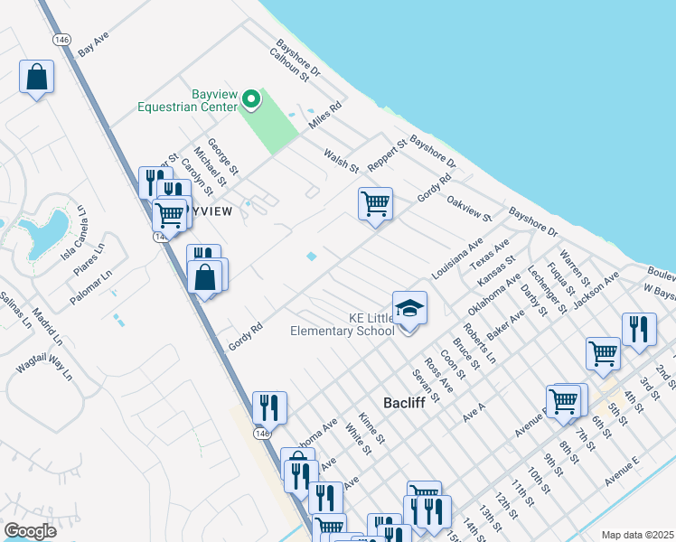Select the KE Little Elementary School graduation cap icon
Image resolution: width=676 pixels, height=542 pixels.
coord(409,308)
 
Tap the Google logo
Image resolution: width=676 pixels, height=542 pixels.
coord(30,531)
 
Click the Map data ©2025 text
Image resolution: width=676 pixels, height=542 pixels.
coord(636,535)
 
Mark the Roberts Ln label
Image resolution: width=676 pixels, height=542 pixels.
coord(479,342)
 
